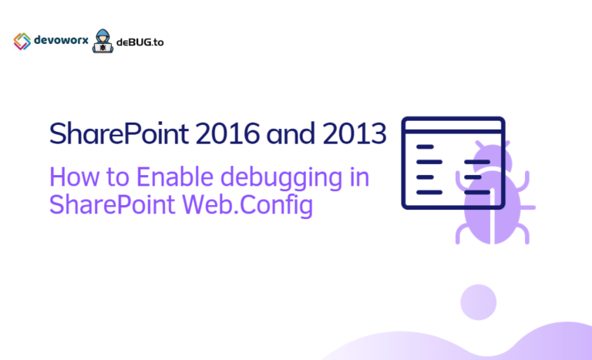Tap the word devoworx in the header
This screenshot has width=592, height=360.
pos(61,41)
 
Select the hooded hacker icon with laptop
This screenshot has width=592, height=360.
pos(102,42)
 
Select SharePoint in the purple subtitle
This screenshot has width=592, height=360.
pos(113,207)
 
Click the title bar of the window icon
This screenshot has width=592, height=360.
pos(452,127)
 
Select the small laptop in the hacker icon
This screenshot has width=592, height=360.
pos(102,49)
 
